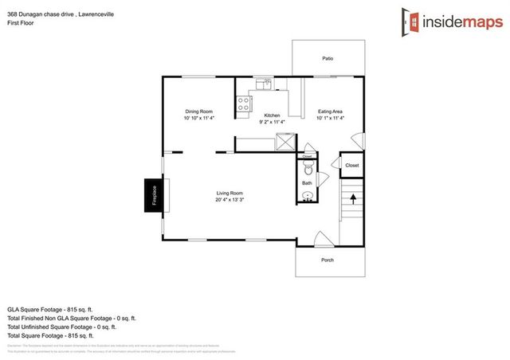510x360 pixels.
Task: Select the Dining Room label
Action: point(198,111)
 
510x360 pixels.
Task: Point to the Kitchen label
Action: point(273,115)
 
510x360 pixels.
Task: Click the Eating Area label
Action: point(330,111)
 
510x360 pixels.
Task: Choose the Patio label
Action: point(328,58)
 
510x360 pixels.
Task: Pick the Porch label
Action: point(328,260)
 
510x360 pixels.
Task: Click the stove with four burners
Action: point(242,102)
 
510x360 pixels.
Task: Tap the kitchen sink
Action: point(264,83)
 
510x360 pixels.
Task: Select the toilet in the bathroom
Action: point(308,169)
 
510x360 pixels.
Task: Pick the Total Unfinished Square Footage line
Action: point(62,327)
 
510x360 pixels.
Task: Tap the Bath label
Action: point(307,183)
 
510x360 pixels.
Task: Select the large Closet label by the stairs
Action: point(351,165)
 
